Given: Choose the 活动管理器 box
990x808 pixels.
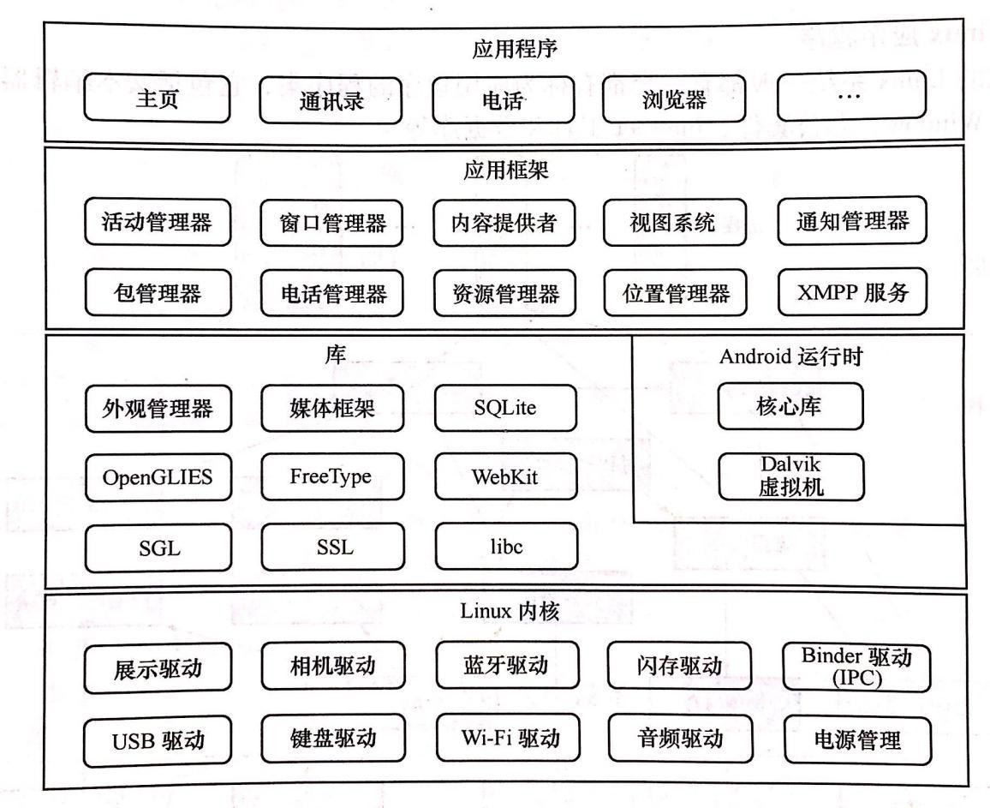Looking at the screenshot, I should (158, 224).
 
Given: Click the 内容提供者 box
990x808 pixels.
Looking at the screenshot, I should (505, 224).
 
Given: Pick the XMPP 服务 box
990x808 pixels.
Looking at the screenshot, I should (852, 293).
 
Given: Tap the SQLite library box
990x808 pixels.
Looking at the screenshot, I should (505, 407).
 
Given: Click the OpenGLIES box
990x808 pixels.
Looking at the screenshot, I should (158, 477).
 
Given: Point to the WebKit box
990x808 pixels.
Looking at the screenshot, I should (505, 477).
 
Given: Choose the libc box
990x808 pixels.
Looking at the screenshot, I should (505, 545).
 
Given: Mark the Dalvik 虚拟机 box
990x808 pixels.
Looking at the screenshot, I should (790, 478).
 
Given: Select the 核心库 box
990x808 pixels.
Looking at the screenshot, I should (790, 407).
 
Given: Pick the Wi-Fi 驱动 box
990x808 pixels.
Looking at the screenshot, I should (505, 737).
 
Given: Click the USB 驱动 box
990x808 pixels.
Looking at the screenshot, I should (158, 739).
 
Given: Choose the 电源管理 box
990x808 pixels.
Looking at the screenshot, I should (856, 738).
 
